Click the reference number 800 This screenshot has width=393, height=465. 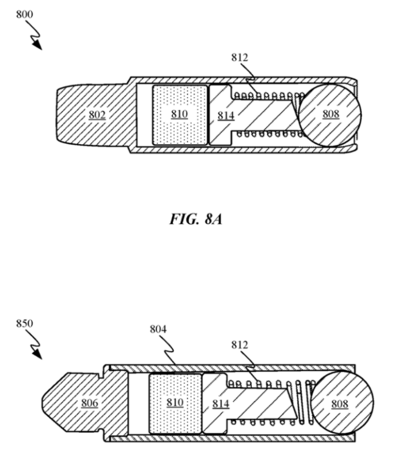[24, 14]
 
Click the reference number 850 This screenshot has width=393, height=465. [24, 323]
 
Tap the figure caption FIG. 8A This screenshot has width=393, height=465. [196, 219]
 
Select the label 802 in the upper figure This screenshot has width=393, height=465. [97, 115]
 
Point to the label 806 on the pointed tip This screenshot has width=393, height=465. [90, 403]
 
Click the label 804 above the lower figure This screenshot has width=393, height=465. [158, 329]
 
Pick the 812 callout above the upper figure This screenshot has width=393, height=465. [240, 57]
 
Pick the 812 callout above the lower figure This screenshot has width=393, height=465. [240, 345]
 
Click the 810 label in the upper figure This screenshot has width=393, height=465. [180, 114]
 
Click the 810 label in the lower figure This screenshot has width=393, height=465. [175, 403]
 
